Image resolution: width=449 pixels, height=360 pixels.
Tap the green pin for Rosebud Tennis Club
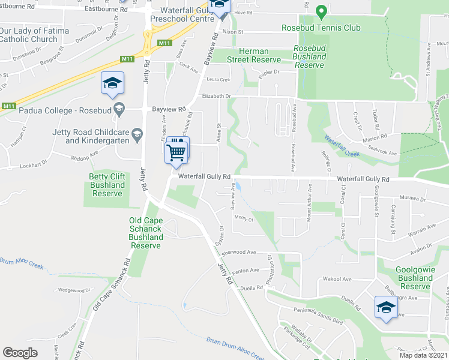coord(321,12)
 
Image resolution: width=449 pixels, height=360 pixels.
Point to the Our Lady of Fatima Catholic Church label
coord(29,35)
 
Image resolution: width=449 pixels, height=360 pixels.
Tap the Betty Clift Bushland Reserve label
coord(107,185)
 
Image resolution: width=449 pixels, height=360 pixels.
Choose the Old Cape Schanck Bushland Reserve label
coord(145,233)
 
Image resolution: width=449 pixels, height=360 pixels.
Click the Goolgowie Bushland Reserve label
coord(415,278)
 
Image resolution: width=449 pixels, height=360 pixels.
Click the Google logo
coord(20,352)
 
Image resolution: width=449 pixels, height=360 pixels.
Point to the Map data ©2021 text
coord(423,355)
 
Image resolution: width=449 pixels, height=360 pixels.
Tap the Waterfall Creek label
coord(343,146)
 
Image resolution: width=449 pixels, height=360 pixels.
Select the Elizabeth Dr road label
coord(217,96)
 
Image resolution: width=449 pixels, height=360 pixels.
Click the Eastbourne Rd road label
coord(106,10)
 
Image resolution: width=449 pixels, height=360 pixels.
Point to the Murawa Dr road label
coord(411,199)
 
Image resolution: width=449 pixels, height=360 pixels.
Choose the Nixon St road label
coord(232,31)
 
